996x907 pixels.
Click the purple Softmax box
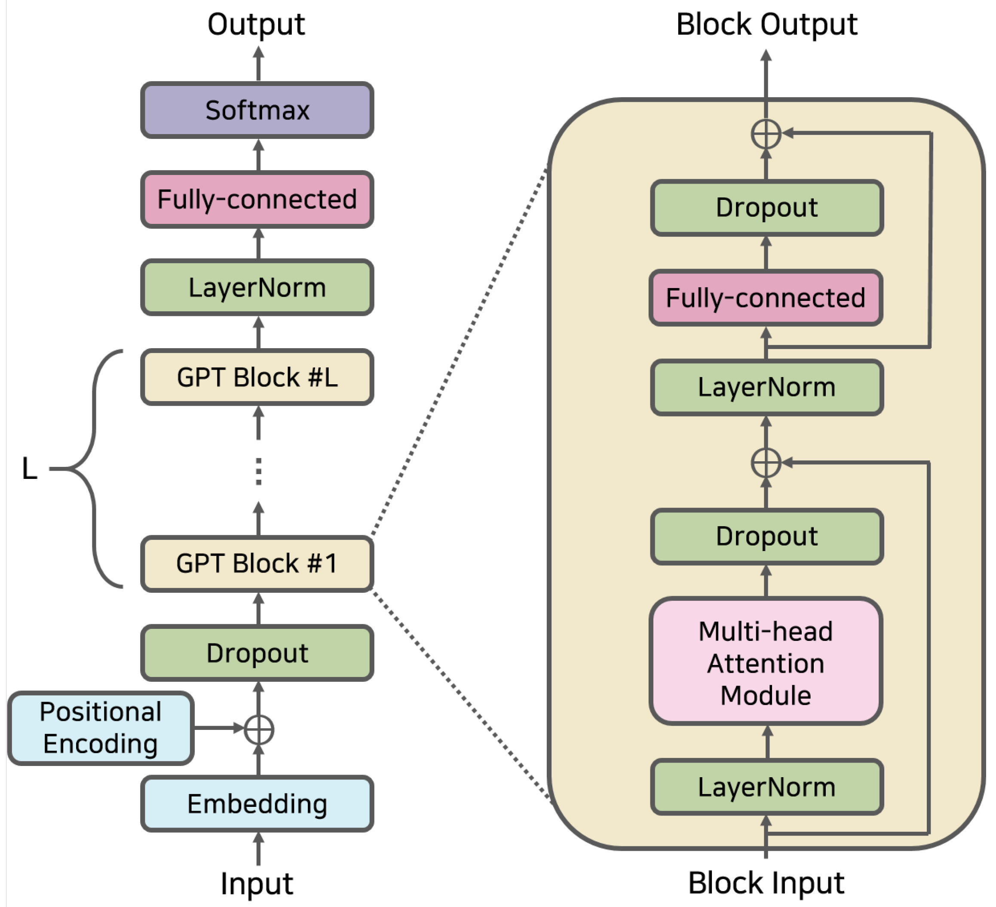(257, 110)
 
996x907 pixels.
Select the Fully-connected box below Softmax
(257, 199)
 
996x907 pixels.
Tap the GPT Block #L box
(257, 377)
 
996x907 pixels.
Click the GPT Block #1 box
(257, 564)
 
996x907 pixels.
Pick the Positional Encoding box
(101, 728)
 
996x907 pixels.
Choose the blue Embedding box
(257, 804)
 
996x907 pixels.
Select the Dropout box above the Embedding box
(257, 653)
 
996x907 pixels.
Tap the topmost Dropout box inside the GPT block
(767, 208)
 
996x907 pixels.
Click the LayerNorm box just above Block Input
(767, 787)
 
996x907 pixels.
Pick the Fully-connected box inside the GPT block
(766, 298)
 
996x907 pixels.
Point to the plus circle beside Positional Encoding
(259, 729)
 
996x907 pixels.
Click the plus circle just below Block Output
(766, 134)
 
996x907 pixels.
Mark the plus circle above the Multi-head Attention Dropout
(766, 463)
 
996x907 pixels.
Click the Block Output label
(767, 25)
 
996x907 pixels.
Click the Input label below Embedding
(257, 884)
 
